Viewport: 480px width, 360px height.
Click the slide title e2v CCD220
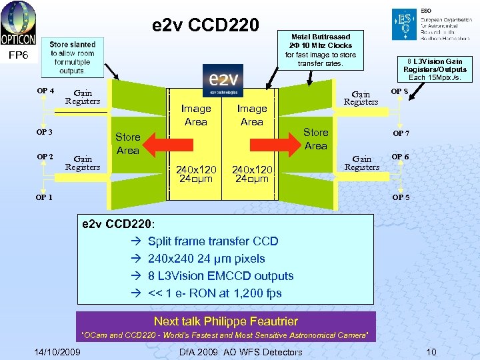coord(205,25)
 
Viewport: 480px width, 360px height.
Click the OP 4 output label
coord(45,91)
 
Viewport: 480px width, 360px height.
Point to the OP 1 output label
coord(45,197)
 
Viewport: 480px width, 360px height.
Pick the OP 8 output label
coord(400,91)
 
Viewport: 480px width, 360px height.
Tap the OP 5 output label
coord(401,197)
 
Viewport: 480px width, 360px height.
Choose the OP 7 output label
coord(401,134)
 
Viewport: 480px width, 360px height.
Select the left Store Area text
coord(127,144)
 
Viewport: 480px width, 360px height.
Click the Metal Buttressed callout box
coord(321,50)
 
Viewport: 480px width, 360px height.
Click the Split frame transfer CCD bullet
coord(213,241)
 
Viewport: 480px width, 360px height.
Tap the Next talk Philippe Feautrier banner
coord(225,321)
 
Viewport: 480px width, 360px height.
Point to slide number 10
coord(431,352)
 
